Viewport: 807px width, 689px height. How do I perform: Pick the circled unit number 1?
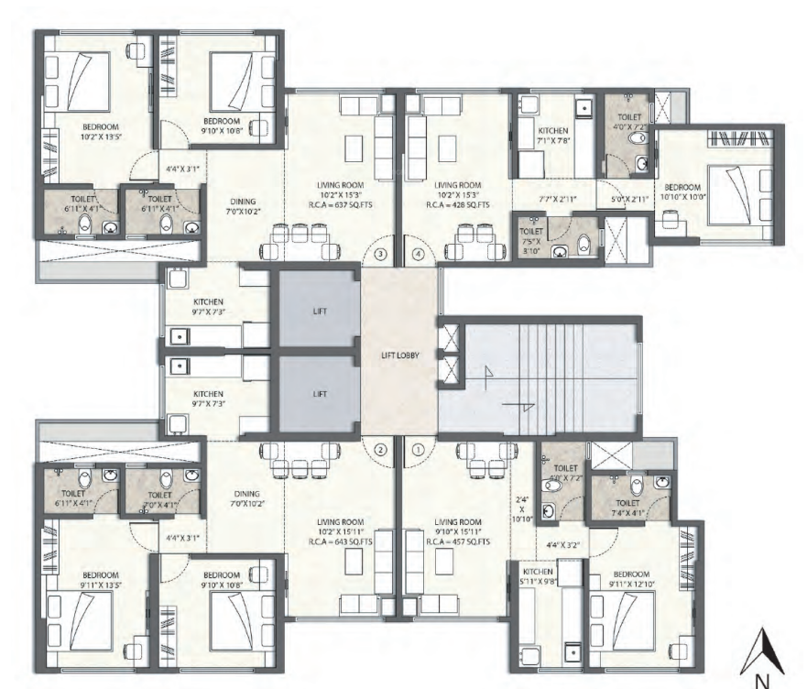tap(419, 450)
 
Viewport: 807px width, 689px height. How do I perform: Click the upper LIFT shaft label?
tap(320, 312)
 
